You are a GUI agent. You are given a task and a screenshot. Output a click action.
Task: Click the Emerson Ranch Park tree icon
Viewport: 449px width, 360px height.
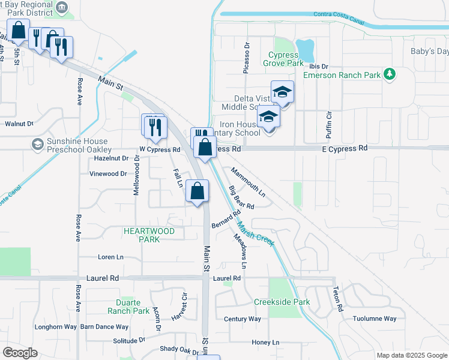pos(390,74)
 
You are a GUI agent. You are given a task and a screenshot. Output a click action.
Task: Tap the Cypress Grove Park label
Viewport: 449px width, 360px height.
pos(286,59)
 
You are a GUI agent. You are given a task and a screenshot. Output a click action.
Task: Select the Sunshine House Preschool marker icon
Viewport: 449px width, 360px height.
pos(37,144)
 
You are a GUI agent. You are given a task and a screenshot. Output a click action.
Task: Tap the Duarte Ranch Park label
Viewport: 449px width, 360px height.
pos(128,307)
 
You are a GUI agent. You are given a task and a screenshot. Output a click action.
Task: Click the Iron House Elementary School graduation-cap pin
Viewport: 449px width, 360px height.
pos(268,117)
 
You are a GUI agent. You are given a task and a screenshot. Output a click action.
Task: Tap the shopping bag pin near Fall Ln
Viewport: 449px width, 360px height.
pos(197,191)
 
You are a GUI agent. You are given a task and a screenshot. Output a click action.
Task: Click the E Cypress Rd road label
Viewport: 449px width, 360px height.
pos(344,148)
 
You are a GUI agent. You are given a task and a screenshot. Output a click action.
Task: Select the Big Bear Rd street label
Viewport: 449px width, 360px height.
pos(241,197)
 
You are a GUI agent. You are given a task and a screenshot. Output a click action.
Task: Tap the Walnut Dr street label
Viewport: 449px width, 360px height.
pos(19,124)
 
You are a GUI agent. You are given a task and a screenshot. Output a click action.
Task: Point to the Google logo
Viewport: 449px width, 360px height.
pos(20,353)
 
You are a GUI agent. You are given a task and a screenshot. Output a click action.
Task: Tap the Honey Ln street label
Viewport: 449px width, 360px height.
pos(266,343)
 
